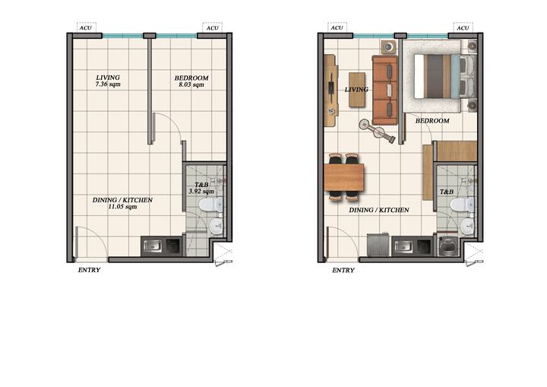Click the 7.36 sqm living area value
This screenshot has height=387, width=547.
pos(108,84)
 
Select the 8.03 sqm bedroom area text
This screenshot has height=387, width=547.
pos(191,85)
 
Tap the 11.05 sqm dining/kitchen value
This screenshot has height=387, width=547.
pos(122,207)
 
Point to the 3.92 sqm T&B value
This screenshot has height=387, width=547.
pos(201,192)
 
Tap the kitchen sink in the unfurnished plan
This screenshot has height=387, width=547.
pos(153,246)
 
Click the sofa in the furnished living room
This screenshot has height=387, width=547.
pos(385,90)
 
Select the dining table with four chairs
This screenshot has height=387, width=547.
pos(344,177)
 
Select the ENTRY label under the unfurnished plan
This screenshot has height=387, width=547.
pos(89,269)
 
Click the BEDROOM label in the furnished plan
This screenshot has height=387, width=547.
pos(432,121)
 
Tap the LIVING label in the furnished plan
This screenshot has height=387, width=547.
pos(356,90)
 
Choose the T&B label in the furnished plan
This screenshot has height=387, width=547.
pos(447,192)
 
